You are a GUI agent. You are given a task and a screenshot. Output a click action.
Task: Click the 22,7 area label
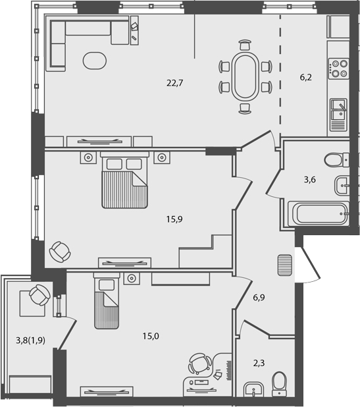point(173,83)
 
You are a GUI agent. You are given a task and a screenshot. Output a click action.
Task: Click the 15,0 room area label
point(151,336)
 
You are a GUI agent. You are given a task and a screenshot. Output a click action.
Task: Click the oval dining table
point(245,76)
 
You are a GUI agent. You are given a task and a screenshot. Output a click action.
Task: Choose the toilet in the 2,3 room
point(280,383)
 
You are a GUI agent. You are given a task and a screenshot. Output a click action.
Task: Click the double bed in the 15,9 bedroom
point(124,181)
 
